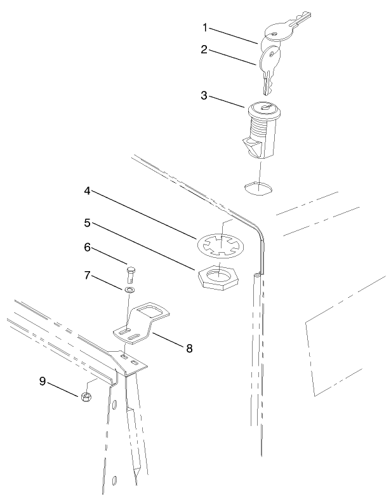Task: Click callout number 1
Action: click(205, 27)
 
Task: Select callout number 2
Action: click(204, 49)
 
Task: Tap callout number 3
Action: click(204, 96)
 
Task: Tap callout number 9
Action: click(43, 380)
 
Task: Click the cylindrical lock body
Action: click(261, 130)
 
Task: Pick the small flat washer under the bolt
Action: click(129, 290)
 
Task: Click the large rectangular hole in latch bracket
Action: click(150, 312)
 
